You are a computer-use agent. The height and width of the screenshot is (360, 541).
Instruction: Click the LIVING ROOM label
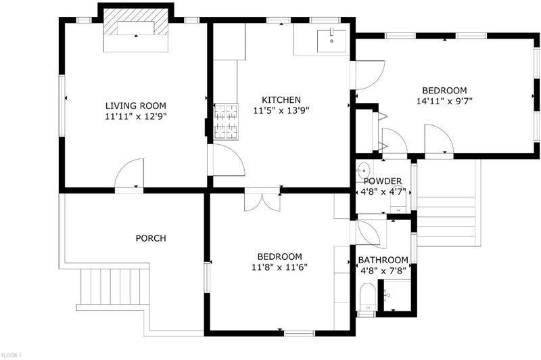click(136, 106)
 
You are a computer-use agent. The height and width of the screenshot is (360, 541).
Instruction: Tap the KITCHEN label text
click(281, 99)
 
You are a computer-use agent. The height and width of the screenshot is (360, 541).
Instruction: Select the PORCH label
click(151, 238)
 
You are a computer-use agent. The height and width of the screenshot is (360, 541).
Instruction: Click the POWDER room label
click(383, 181)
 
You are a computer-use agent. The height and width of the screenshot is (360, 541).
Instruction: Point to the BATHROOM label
click(383, 260)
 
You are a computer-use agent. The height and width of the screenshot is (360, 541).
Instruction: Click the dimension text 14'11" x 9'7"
click(444, 101)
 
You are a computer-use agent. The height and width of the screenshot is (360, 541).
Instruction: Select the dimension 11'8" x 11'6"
click(279, 267)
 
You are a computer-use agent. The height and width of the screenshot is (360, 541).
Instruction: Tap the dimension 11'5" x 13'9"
click(281, 111)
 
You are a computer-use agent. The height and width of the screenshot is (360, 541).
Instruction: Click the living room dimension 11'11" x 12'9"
click(136, 116)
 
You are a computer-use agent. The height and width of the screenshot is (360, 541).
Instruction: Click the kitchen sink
click(331, 41)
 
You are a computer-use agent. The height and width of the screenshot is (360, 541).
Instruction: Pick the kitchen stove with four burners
click(226, 122)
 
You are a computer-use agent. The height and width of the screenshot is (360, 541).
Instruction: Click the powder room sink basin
click(363, 170)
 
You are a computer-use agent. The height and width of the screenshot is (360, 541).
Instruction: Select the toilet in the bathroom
click(367, 298)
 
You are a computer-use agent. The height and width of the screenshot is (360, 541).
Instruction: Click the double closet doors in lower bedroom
click(262, 200)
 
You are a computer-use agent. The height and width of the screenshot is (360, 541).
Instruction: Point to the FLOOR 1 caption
click(11, 355)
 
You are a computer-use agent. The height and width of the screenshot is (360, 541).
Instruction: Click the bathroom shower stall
click(397, 296)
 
